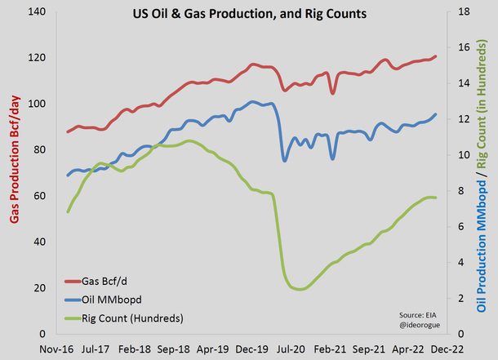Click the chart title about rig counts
(x=249, y=14)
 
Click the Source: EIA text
(x=418, y=313)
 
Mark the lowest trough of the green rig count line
(x=300, y=289)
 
